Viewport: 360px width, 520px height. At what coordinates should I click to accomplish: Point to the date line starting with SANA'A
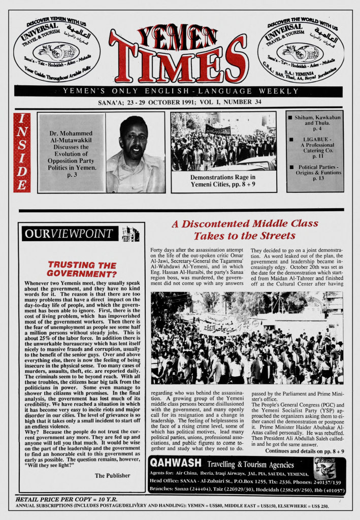(x=180, y=102)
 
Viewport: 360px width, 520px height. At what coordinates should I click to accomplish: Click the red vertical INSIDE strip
(x=22, y=152)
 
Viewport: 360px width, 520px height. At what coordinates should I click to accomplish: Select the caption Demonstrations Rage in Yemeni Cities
(x=223, y=181)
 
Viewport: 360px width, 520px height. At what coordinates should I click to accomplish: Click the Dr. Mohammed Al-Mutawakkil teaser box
(x=71, y=152)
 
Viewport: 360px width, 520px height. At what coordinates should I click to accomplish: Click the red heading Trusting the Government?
(x=82, y=269)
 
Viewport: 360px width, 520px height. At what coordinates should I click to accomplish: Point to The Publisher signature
(x=112, y=475)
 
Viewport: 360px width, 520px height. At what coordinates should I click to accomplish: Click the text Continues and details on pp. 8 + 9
(x=304, y=451)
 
